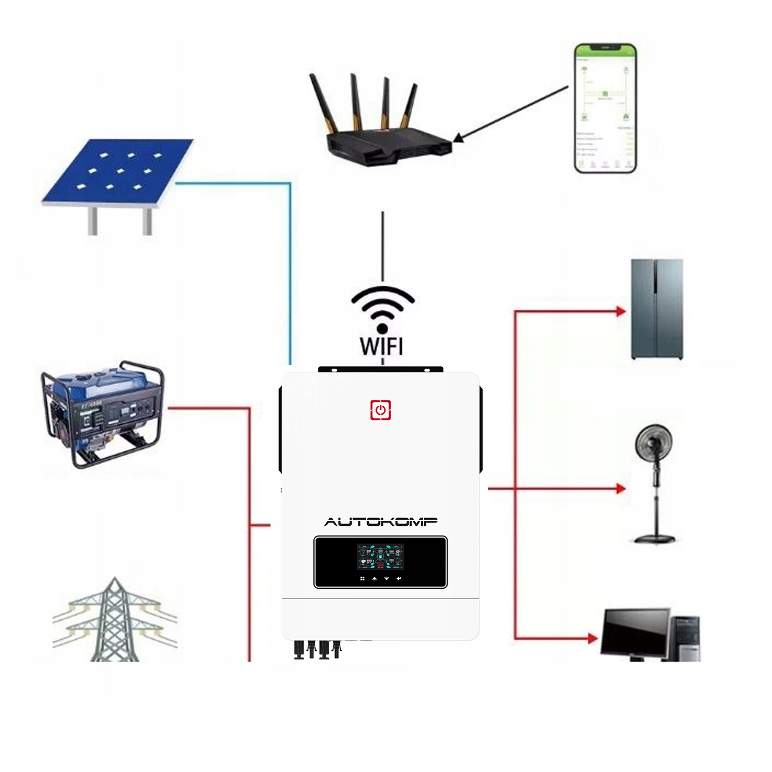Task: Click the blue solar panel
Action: [x=118, y=172]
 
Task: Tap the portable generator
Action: [x=103, y=413]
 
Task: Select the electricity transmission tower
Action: [x=115, y=621]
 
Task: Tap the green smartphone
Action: [x=605, y=109]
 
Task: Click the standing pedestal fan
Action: [x=654, y=483]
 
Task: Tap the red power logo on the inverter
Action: [x=380, y=410]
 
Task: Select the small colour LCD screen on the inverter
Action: [x=380, y=557]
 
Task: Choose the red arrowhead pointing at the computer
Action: [x=593, y=638]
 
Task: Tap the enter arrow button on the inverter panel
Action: [x=398, y=578]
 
